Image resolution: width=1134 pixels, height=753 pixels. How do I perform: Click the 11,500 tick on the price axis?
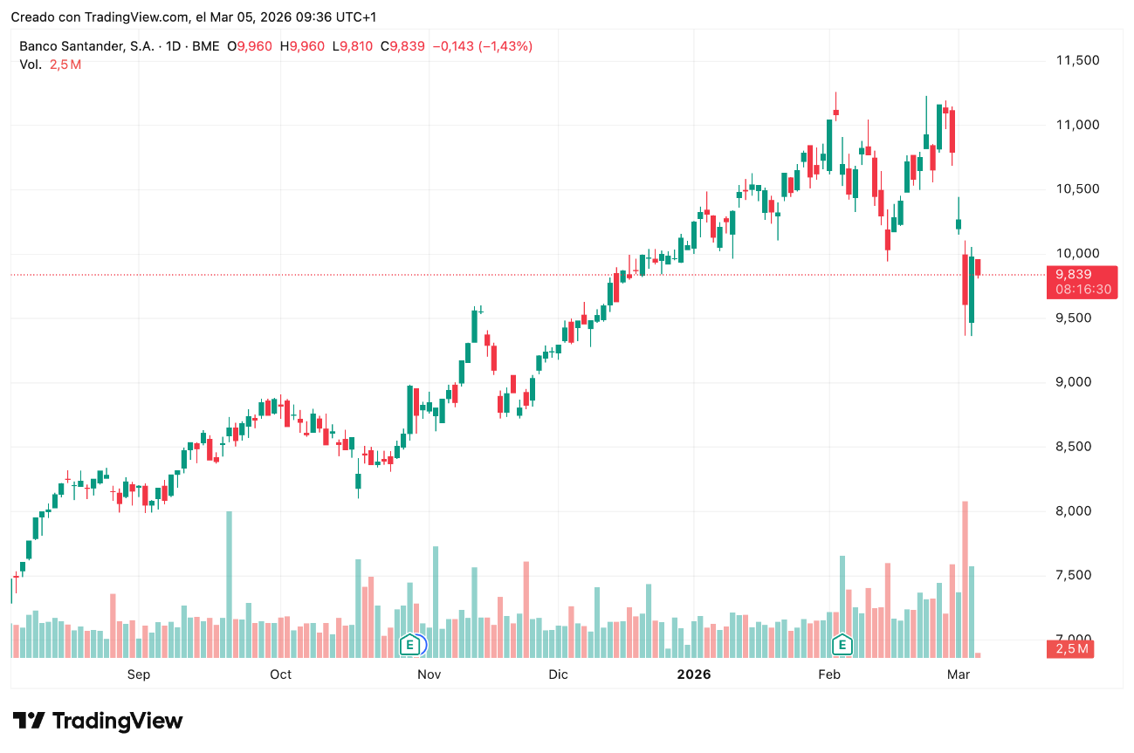1078,60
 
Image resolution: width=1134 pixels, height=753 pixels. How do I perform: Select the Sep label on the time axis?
139,674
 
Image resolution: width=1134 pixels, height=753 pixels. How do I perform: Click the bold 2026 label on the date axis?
694,674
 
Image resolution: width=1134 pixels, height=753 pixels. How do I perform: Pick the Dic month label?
558,674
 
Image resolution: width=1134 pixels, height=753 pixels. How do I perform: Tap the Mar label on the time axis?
959,674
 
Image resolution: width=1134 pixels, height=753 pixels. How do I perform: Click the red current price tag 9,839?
1073,274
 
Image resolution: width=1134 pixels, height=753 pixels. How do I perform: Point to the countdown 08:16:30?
1082,289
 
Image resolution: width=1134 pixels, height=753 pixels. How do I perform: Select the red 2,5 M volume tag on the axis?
1071,648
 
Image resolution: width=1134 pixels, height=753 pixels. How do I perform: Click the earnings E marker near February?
842,645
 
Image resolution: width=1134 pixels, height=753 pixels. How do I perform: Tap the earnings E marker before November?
409,645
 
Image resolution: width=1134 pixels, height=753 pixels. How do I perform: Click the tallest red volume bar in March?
965,576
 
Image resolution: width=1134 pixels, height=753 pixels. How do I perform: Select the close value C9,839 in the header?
407,46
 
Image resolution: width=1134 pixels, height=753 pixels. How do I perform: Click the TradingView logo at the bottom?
98,721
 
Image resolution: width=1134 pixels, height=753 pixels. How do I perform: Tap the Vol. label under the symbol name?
30,65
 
